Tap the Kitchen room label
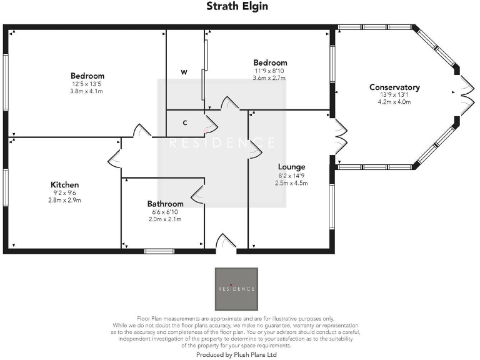(x=65, y=184)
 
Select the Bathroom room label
(x=165, y=204)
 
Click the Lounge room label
(x=292, y=167)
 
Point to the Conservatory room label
(x=394, y=87)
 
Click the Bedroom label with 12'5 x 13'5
(x=87, y=76)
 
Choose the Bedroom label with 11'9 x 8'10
(x=270, y=62)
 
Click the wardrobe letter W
(x=184, y=72)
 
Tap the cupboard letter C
(x=185, y=122)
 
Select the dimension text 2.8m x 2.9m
(x=65, y=200)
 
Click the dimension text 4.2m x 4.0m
(x=394, y=102)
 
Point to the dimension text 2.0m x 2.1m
(x=165, y=219)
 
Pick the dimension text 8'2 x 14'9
(x=292, y=176)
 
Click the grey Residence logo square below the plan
(x=236, y=289)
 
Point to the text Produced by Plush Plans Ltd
(x=236, y=354)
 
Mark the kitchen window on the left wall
(x=6, y=187)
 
